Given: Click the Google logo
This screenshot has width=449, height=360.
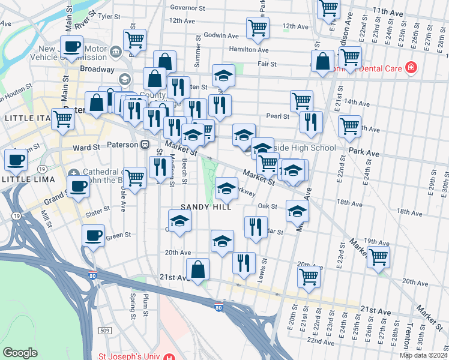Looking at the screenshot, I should point(20,353).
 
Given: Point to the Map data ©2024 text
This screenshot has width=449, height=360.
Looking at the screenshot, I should point(423,355).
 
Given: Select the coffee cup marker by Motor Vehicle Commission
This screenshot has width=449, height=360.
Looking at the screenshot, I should point(71,47).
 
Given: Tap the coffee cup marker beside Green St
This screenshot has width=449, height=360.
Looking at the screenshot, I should point(93,236).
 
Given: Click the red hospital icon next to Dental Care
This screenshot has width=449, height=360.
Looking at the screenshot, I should point(411,67).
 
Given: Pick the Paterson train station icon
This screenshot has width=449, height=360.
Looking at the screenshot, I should point(145,145).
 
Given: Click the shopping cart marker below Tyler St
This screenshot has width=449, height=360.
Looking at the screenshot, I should point(135,40).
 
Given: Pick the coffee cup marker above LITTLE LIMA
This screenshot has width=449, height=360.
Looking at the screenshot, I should point(16,160).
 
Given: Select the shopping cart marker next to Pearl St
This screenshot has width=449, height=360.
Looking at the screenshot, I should point(301,101).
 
